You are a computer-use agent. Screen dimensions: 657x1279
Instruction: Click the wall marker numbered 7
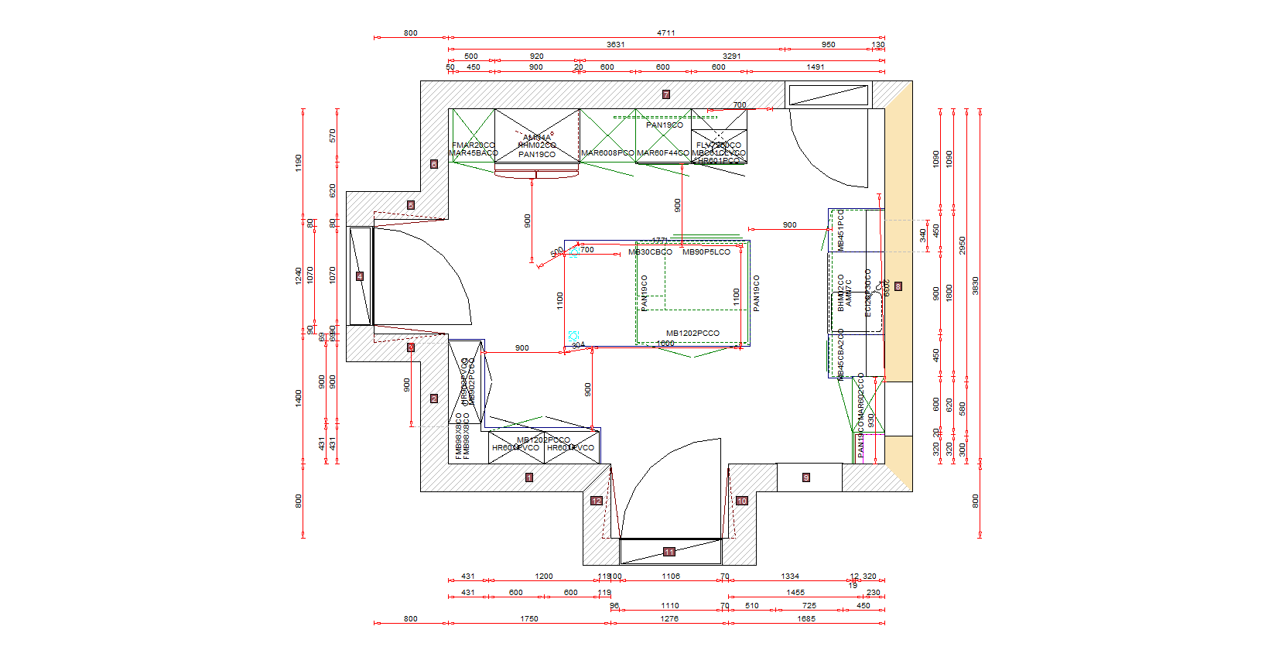[665, 94]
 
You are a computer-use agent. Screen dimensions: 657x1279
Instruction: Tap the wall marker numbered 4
[360, 276]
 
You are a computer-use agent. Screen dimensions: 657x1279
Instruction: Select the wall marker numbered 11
[669, 552]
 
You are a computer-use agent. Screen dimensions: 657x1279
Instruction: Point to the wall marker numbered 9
[805, 477]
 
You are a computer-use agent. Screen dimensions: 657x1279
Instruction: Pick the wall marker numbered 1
[529, 477]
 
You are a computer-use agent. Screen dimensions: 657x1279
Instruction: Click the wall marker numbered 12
[597, 501]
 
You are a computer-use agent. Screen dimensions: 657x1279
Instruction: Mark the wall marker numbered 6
[434, 164]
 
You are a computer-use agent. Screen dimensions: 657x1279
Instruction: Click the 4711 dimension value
[666, 33]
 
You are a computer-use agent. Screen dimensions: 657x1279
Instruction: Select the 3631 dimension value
[616, 45]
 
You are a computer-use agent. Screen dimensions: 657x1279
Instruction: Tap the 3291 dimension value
[732, 56]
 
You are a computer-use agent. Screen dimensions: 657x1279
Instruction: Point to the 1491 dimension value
[816, 67]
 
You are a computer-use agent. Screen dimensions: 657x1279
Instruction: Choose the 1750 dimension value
[529, 619]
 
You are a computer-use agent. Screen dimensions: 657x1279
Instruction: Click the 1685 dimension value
[806, 619]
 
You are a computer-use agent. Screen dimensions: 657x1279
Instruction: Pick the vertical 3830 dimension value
[976, 286]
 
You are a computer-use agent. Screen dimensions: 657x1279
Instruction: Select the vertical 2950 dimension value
[963, 245]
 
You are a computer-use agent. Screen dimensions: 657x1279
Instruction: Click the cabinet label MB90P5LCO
[706, 252]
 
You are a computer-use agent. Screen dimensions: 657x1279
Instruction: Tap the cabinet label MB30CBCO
[651, 252]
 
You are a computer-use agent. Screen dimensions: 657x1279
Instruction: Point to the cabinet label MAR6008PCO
[607, 153]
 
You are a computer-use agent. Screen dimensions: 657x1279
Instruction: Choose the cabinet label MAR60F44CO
[663, 153]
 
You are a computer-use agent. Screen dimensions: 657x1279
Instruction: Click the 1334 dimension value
[790, 577]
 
